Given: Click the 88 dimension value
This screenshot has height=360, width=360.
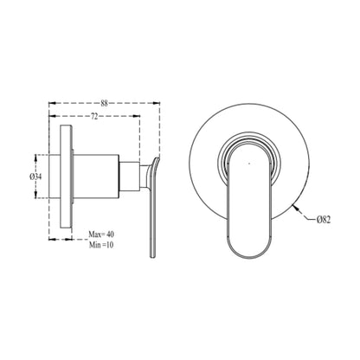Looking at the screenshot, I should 104,103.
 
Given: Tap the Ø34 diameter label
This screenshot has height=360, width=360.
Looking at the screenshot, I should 37,176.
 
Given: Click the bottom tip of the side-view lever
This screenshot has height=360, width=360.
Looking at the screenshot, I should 152,255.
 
